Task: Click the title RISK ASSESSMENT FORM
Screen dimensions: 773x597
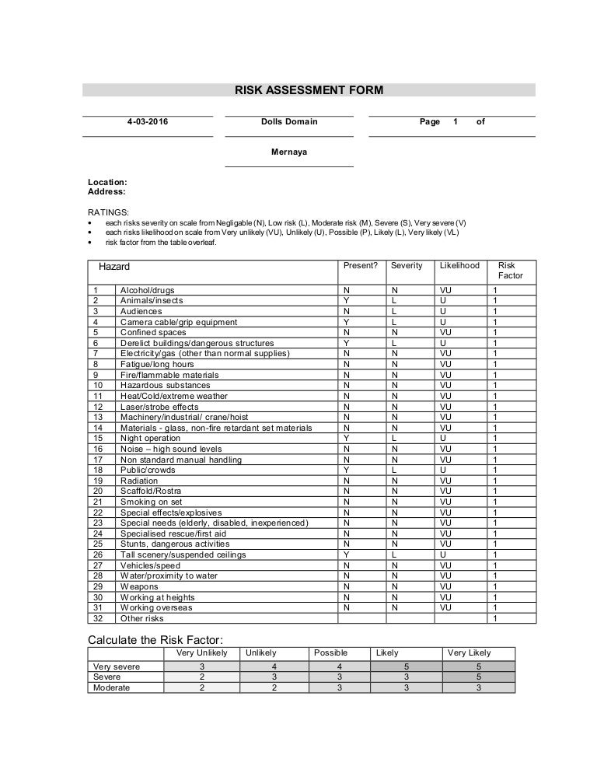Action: coord(309,90)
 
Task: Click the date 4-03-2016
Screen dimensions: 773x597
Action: coord(148,122)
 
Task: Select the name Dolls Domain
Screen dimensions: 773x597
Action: coord(289,122)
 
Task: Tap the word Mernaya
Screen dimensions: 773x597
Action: coord(289,152)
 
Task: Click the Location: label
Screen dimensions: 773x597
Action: coord(107,182)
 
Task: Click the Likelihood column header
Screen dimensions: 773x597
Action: coord(459,266)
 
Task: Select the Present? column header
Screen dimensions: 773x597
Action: coord(361,266)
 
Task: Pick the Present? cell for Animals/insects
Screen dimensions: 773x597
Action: coord(346,300)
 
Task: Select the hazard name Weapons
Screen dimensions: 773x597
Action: coord(139,586)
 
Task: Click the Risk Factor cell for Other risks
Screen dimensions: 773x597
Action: coord(495,618)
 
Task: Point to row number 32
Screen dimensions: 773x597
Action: coord(98,618)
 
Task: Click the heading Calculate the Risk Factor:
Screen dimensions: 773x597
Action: coord(161,639)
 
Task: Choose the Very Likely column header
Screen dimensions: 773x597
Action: coord(470,653)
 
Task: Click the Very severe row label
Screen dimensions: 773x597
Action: coord(117,666)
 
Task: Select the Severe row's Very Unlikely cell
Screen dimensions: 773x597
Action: coord(202,677)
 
